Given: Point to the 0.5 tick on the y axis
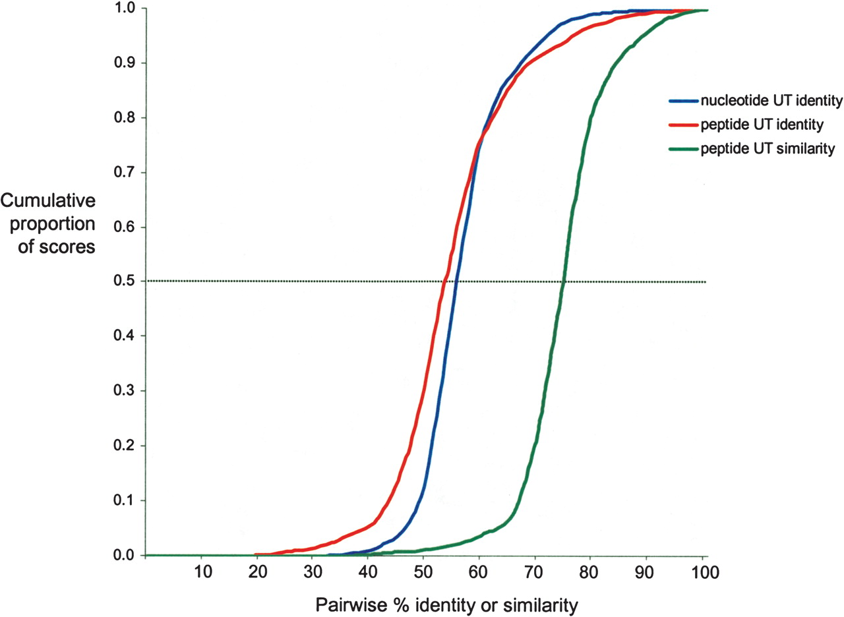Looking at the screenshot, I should point(123,281).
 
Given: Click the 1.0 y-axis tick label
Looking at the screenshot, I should point(123,9).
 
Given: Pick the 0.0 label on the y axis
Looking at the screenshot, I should point(123,555).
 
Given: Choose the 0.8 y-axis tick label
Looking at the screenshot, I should point(123,118).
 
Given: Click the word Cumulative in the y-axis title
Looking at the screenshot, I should point(47,200).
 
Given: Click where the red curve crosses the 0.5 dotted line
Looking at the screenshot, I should point(444,281).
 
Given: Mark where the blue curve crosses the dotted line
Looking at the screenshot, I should point(456,281).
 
